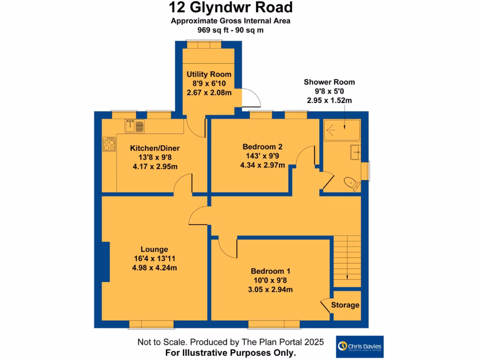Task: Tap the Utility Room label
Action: point(209,75)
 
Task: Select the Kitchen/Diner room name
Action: point(155,149)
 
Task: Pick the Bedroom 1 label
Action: point(270,271)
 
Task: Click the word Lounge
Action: point(154,249)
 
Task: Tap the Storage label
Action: point(345,305)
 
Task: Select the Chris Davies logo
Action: point(360,347)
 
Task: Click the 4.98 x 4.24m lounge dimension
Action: point(155,268)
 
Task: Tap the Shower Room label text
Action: point(329,82)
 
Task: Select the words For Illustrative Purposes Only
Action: point(230,352)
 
